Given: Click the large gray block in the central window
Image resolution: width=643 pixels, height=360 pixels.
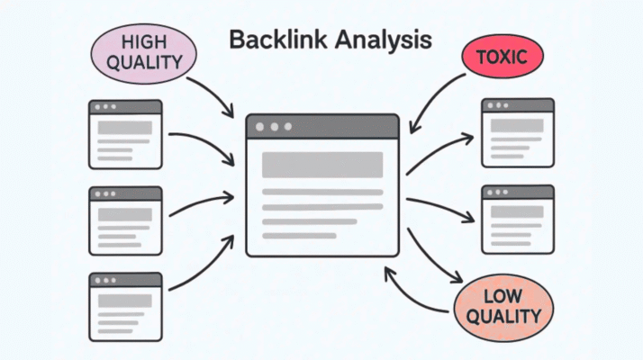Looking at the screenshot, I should [321, 165].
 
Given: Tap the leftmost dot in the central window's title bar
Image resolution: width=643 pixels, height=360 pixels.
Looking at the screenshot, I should [260, 127].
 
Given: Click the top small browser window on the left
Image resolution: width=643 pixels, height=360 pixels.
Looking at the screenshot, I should [125, 134].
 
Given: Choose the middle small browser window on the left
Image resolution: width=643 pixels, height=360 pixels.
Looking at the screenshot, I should [125, 220].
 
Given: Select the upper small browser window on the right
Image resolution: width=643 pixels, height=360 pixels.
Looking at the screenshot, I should [518, 133].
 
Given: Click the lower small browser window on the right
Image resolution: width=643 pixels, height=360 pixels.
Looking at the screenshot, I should [518, 219].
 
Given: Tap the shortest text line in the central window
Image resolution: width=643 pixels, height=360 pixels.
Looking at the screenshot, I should [298, 236].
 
